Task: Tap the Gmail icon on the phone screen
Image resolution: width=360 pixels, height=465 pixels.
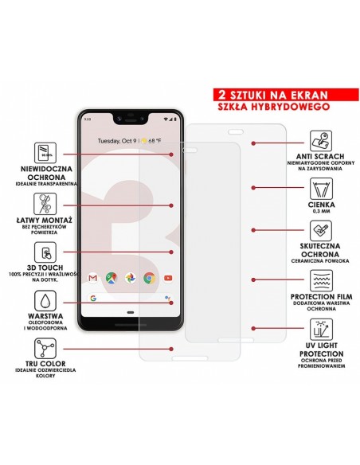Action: coord(92,278)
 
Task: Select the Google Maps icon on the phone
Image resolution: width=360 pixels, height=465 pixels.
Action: coord(111,278)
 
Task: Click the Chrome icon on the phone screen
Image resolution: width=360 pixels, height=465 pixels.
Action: coord(149,278)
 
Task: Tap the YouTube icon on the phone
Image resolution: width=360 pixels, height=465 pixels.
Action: coord(167,278)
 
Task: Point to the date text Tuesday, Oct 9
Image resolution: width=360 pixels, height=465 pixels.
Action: coord(117,141)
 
